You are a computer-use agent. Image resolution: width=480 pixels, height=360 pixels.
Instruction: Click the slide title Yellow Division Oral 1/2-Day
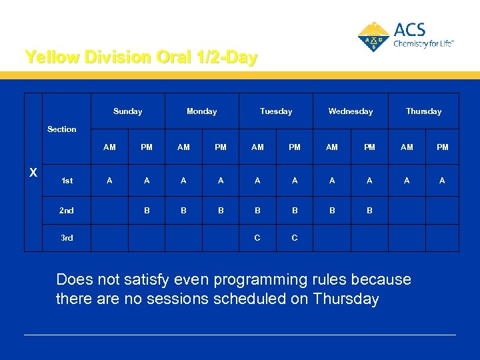click(x=141, y=57)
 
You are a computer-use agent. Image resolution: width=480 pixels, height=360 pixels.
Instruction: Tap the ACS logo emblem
click(x=373, y=37)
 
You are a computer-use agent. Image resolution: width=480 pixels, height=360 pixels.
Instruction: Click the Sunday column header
click(x=127, y=111)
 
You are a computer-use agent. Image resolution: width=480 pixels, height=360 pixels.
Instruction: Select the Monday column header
click(x=201, y=111)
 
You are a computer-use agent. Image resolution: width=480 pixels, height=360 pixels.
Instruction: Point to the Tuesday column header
click(x=276, y=111)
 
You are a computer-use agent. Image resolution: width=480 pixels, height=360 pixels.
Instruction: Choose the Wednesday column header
click(x=350, y=111)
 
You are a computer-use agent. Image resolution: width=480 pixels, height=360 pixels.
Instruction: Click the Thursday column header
click(x=424, y=111)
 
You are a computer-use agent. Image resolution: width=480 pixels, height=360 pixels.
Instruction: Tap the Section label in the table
click(x=62, y=129)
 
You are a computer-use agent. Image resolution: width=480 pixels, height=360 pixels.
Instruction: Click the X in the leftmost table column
click(x=33, y=173)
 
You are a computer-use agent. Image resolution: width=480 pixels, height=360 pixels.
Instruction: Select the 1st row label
click(x=67, y=181)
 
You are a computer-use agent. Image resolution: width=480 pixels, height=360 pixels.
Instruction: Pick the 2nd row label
click(x=67, y=211)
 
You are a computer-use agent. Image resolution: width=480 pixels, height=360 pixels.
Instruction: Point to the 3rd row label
click(x=67, y=237)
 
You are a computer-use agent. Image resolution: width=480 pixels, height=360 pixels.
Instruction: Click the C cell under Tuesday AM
click(x=257, y=237)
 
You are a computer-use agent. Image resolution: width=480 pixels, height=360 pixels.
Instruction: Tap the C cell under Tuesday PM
click(x=295, y=237)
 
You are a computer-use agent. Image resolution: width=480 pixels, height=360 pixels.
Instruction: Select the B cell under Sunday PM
click(x=147, y=211)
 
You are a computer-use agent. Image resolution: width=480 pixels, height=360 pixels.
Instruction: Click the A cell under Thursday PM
click(x=442, y=181)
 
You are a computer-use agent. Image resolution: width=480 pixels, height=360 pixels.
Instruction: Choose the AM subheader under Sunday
click(x=109, y=147)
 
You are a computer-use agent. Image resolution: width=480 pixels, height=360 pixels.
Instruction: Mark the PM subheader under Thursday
click(x=442, y=147)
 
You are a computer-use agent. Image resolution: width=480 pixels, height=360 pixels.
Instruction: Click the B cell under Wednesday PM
click(x=369, y=211)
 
